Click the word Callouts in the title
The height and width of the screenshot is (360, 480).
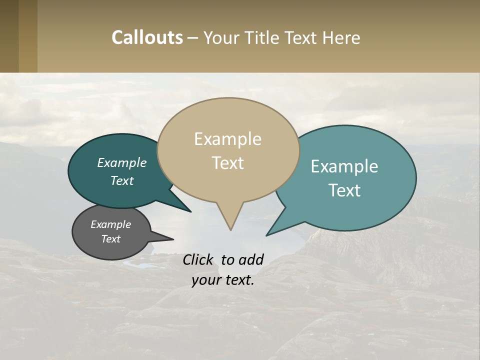point(147,37)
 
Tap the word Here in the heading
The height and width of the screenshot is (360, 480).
point(340,37)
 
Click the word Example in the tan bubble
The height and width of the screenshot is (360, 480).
point(228,139)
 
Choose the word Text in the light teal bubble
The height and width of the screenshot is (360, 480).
point(344,190)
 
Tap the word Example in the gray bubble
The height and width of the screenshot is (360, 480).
point(111,224)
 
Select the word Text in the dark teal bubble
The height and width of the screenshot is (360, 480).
point(122,181)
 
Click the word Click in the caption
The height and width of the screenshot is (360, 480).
point(198,259)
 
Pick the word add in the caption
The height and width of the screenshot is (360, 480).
point(251,259)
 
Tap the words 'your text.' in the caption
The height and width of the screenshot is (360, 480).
point(223,280)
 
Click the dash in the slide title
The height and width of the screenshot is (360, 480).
point(192,37)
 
